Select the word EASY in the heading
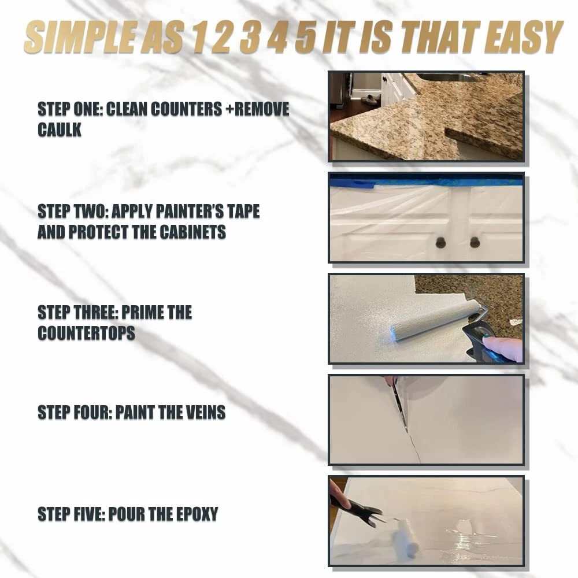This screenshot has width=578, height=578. [x=524, y=37]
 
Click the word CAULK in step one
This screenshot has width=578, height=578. [x=60, y=129]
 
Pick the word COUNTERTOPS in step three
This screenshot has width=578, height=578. [x=86, y=334]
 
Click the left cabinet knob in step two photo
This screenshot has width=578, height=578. [x=441, y=242]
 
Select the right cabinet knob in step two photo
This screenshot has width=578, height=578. [x=475, y=242]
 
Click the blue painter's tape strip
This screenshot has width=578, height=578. [x=427, y=181]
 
